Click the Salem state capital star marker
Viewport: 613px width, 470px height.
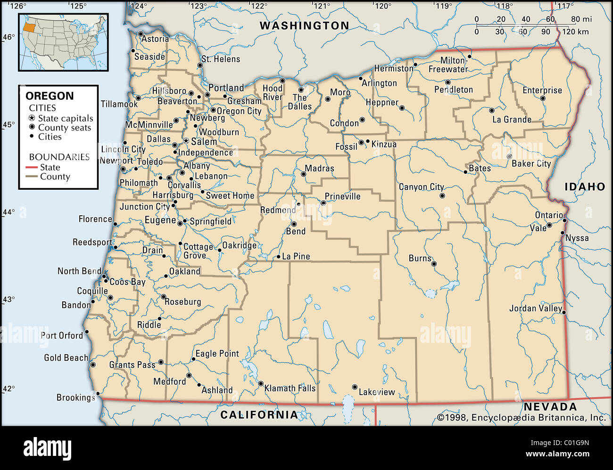(186, 141)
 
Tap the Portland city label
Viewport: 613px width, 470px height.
(226, 88)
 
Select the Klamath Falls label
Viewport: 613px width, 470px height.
(290, 389)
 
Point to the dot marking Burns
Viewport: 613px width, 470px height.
(434, 264)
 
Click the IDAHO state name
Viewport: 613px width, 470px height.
(585, 187)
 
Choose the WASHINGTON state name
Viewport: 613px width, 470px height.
(305, 26)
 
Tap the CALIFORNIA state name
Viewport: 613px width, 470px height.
(259, 415)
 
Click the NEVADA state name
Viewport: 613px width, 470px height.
(550, 407)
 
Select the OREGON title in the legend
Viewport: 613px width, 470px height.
(50, 96)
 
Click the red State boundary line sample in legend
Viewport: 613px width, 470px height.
(32, 168)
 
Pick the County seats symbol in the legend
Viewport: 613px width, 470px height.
(32, 128)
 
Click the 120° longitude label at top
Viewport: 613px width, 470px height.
(382, 6)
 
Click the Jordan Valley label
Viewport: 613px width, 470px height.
(535, 308)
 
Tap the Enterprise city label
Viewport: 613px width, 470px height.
(542, 90)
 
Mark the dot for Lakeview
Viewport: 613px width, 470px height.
(355, 387)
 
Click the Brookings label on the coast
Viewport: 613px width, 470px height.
(75, 397)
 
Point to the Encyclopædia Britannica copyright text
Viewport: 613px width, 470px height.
(521, 417)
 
